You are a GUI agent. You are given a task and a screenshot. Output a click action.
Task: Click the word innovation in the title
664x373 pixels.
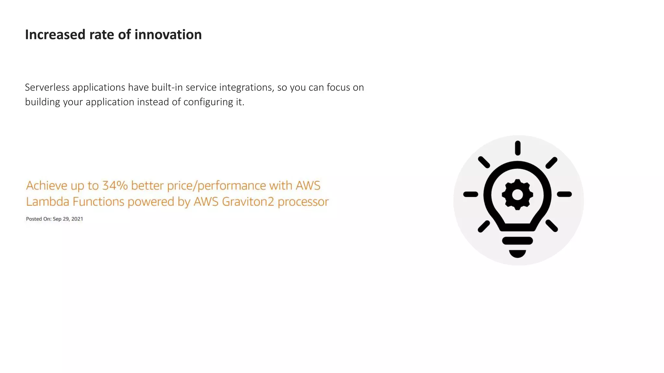(x=168, y=35)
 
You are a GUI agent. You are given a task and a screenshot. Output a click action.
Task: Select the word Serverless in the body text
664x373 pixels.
(x=47, y=87)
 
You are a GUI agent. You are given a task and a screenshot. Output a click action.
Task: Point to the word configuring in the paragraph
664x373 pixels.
(x=208, y=102)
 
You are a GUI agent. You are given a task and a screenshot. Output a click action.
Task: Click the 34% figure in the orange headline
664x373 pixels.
(x=115, y=186)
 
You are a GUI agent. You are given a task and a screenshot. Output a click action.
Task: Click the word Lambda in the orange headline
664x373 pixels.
(x=47, y=202)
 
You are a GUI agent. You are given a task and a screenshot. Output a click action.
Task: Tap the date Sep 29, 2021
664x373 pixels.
(x=68, y=219)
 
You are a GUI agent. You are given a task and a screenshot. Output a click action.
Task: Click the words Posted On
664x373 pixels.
(x=38, y=219)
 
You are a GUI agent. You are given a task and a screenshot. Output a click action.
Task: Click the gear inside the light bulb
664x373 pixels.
(x=517, y=195)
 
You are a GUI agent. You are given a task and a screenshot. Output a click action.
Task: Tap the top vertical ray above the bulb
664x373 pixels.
(x=518, y=148)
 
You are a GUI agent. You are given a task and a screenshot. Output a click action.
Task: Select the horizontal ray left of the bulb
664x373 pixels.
(x=470, y=194)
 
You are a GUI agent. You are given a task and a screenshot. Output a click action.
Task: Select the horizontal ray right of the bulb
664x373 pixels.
(x=564, y=194)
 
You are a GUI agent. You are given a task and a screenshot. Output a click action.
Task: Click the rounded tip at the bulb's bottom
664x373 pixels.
(x=517, y=254)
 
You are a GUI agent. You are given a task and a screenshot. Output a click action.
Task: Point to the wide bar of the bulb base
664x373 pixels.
(x=517, y=241)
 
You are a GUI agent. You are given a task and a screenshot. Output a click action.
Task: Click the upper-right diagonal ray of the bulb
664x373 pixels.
(x=551, y=163)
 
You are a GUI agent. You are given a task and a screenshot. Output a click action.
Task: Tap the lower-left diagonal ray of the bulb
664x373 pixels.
(x=484, y=226)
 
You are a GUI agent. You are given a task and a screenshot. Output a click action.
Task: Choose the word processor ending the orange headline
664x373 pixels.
(x=303, y=202)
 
